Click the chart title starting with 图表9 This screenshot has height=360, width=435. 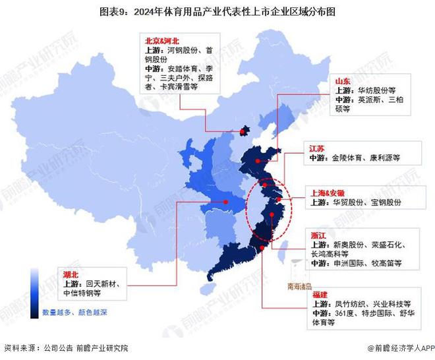click(217, 11)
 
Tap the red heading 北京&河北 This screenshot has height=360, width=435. click(162, 40)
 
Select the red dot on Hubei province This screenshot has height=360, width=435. click(225, 202)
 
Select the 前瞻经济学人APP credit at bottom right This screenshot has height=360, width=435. click(397, 348)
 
